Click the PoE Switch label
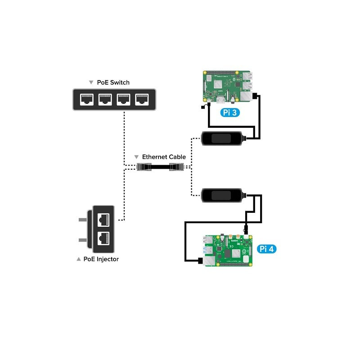[113, 82]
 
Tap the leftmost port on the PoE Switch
[87, 99]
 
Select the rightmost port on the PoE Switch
[142, 99]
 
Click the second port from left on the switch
[105, 99]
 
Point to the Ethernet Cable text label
[164, 157]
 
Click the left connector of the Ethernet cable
[144, 167]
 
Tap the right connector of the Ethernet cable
[176, 167]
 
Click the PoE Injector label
[101, 259]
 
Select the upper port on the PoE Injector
[104, 219]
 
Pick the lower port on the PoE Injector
[104, 238]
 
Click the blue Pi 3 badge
[230, 112]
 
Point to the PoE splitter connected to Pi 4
[222, 195]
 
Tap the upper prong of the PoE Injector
[83, 220]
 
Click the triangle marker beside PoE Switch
[91, 83]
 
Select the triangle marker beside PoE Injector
[79, 259]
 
